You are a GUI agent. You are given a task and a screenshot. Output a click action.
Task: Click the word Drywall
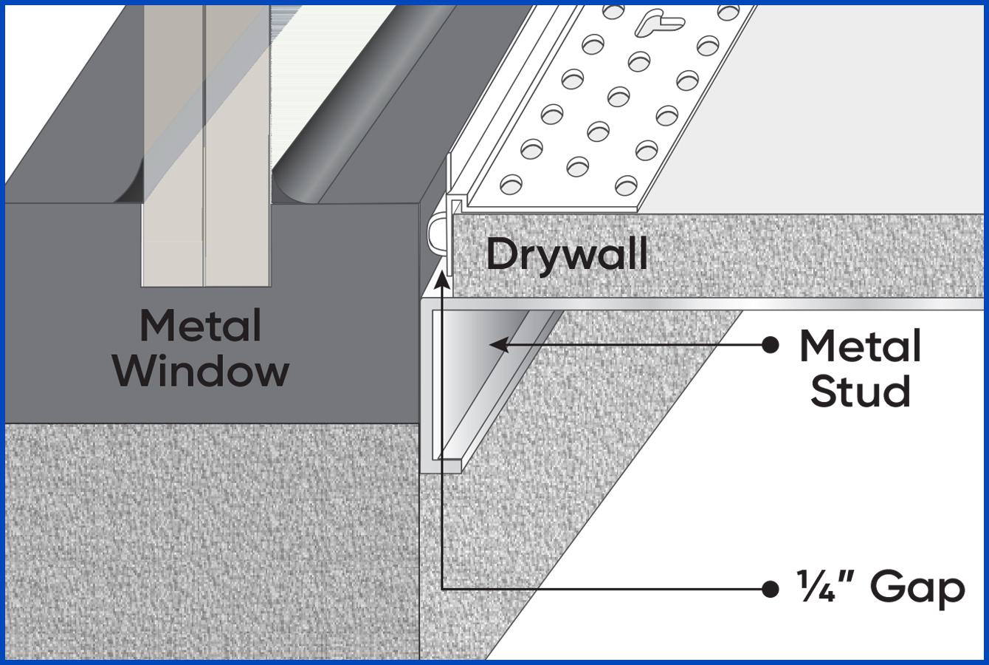click(567, 254)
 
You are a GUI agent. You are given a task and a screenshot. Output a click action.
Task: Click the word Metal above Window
click(201, 326)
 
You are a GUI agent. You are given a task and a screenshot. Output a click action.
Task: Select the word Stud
click(860, 391)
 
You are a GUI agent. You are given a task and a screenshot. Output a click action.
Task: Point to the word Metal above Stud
click(860, 346)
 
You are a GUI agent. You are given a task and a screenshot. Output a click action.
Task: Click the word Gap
click(917, 588)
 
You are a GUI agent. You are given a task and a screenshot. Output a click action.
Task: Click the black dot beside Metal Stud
click(770, 344)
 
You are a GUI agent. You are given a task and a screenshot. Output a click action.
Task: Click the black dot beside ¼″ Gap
click(770, 589)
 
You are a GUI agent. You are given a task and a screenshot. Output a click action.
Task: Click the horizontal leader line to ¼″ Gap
click(605, 589)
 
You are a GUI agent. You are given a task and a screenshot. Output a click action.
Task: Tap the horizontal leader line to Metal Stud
click(635, 344)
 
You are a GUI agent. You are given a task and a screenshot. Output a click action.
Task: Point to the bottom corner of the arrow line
click(442, 589)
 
